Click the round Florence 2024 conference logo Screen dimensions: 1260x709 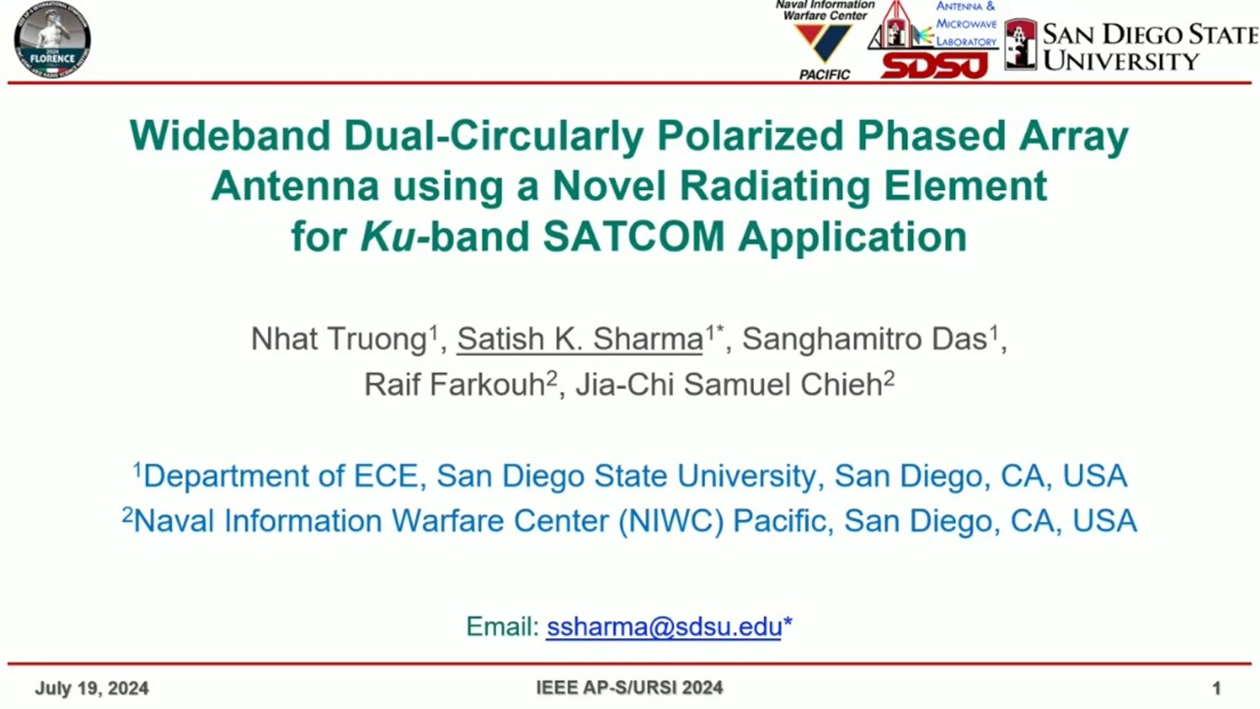click(52, 40)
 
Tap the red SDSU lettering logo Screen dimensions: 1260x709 click(934, 65)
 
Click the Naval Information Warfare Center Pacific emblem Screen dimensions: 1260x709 click(824, 40)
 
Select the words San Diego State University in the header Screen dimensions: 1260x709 click(1150, 47)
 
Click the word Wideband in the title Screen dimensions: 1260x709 click(230, 136)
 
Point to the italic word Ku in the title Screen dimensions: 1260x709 click(388, 236)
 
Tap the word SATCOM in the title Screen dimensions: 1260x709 click(634, 236)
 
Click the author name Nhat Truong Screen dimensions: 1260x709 click(339, 339)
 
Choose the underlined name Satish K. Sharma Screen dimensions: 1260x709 click(580, 339)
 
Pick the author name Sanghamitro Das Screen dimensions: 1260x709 click(865, 339)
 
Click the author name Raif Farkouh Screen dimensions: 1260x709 click(455, 385)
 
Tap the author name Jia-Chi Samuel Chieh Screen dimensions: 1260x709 click(729, 385)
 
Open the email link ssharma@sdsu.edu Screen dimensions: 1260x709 click(664, 627)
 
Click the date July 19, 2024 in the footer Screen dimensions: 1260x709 click(92, 688)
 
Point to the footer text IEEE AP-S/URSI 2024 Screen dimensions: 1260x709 click(629, 687)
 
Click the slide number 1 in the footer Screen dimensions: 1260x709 click(1216, 688)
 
